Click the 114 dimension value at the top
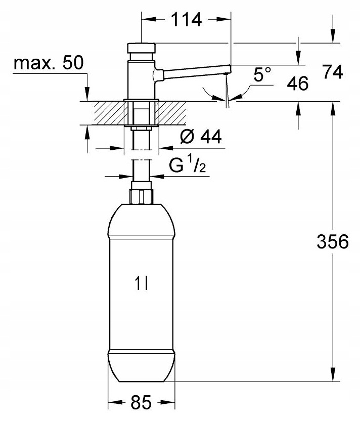[186, 19]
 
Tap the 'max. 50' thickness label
[49, 63]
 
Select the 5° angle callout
[262, 74]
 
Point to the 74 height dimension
[333, 72]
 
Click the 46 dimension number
[298, 83]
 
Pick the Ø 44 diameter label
[201, 137]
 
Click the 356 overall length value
[333, 241]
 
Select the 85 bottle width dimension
[141, 402]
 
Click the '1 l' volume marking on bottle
[142, 283]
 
